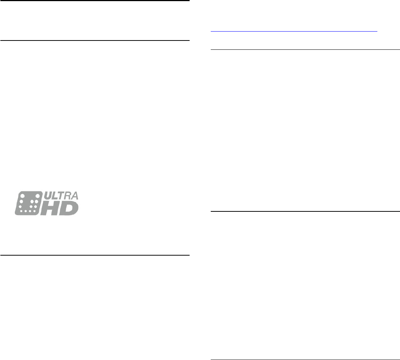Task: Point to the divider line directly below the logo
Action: pos(95,255)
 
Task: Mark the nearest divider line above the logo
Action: pos(95,40)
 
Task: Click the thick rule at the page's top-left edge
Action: pos(95,1)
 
